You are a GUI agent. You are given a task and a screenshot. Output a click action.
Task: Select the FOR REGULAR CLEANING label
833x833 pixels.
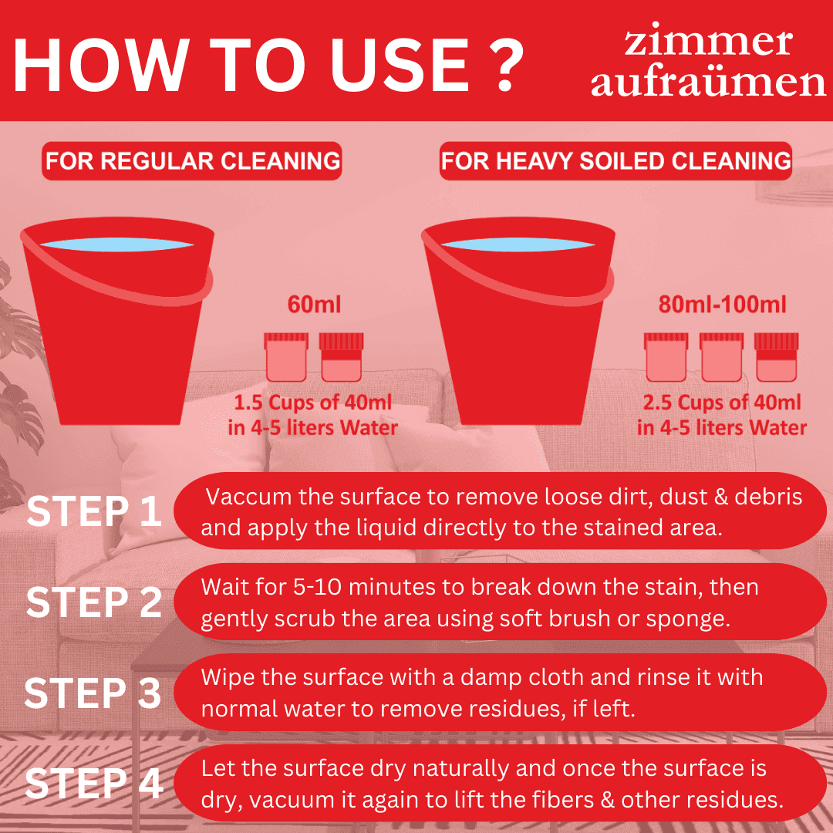[x=192, y=161]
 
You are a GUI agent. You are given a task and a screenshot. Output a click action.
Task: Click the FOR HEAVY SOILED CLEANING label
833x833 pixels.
[x=615, y=161]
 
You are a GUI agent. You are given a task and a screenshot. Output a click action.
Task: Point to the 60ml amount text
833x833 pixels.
[x=313, y=304]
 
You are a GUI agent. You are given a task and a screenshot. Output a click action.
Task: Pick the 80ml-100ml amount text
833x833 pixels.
[x=722, y=304]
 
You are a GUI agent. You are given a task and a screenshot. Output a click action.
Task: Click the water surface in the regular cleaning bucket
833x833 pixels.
[x=116, y=243]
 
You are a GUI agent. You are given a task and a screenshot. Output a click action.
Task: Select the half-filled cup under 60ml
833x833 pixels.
[x=341, y=358]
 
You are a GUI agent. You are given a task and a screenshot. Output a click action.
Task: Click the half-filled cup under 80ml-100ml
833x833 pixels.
[x=776, y=358]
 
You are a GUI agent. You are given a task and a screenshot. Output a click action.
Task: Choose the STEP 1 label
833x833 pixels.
[x=94, y=514]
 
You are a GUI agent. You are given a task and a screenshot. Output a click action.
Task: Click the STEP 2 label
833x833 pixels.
[x=94, y=603]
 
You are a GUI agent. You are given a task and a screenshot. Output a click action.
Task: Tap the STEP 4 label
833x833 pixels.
[x=94, y=784]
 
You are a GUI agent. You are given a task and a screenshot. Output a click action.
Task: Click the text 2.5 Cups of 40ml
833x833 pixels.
[x=722, y=403]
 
